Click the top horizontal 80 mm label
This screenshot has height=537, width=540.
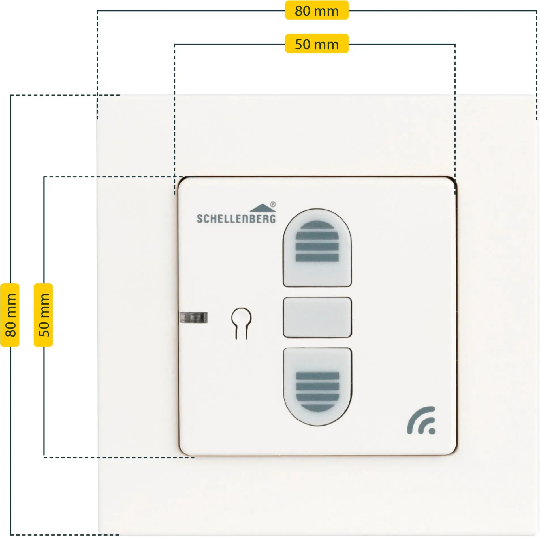(x=317, y=10)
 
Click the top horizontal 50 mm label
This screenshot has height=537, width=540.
(x=317, y=44)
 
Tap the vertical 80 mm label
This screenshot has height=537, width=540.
(x=10, y=315)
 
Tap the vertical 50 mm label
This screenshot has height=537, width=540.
(x=43, y=315)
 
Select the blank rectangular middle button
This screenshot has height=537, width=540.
(x=317, y=317)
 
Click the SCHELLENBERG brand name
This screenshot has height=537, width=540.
(x=236, y=219)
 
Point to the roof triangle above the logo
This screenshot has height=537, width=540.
(x=262, y=208)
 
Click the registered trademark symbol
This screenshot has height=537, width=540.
(x=273, y=204)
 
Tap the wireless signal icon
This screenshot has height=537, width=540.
(x=421, y=420)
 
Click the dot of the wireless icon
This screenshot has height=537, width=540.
(x=432, y=431)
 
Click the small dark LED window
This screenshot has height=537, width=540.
(x=194, y=318)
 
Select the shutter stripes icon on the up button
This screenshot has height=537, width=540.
(x=317, y=241)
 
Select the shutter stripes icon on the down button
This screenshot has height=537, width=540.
(x=317, y=392)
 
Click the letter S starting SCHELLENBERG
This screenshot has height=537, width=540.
(x=200, y=219)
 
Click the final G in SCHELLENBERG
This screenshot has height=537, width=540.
(x=272, y=219)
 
